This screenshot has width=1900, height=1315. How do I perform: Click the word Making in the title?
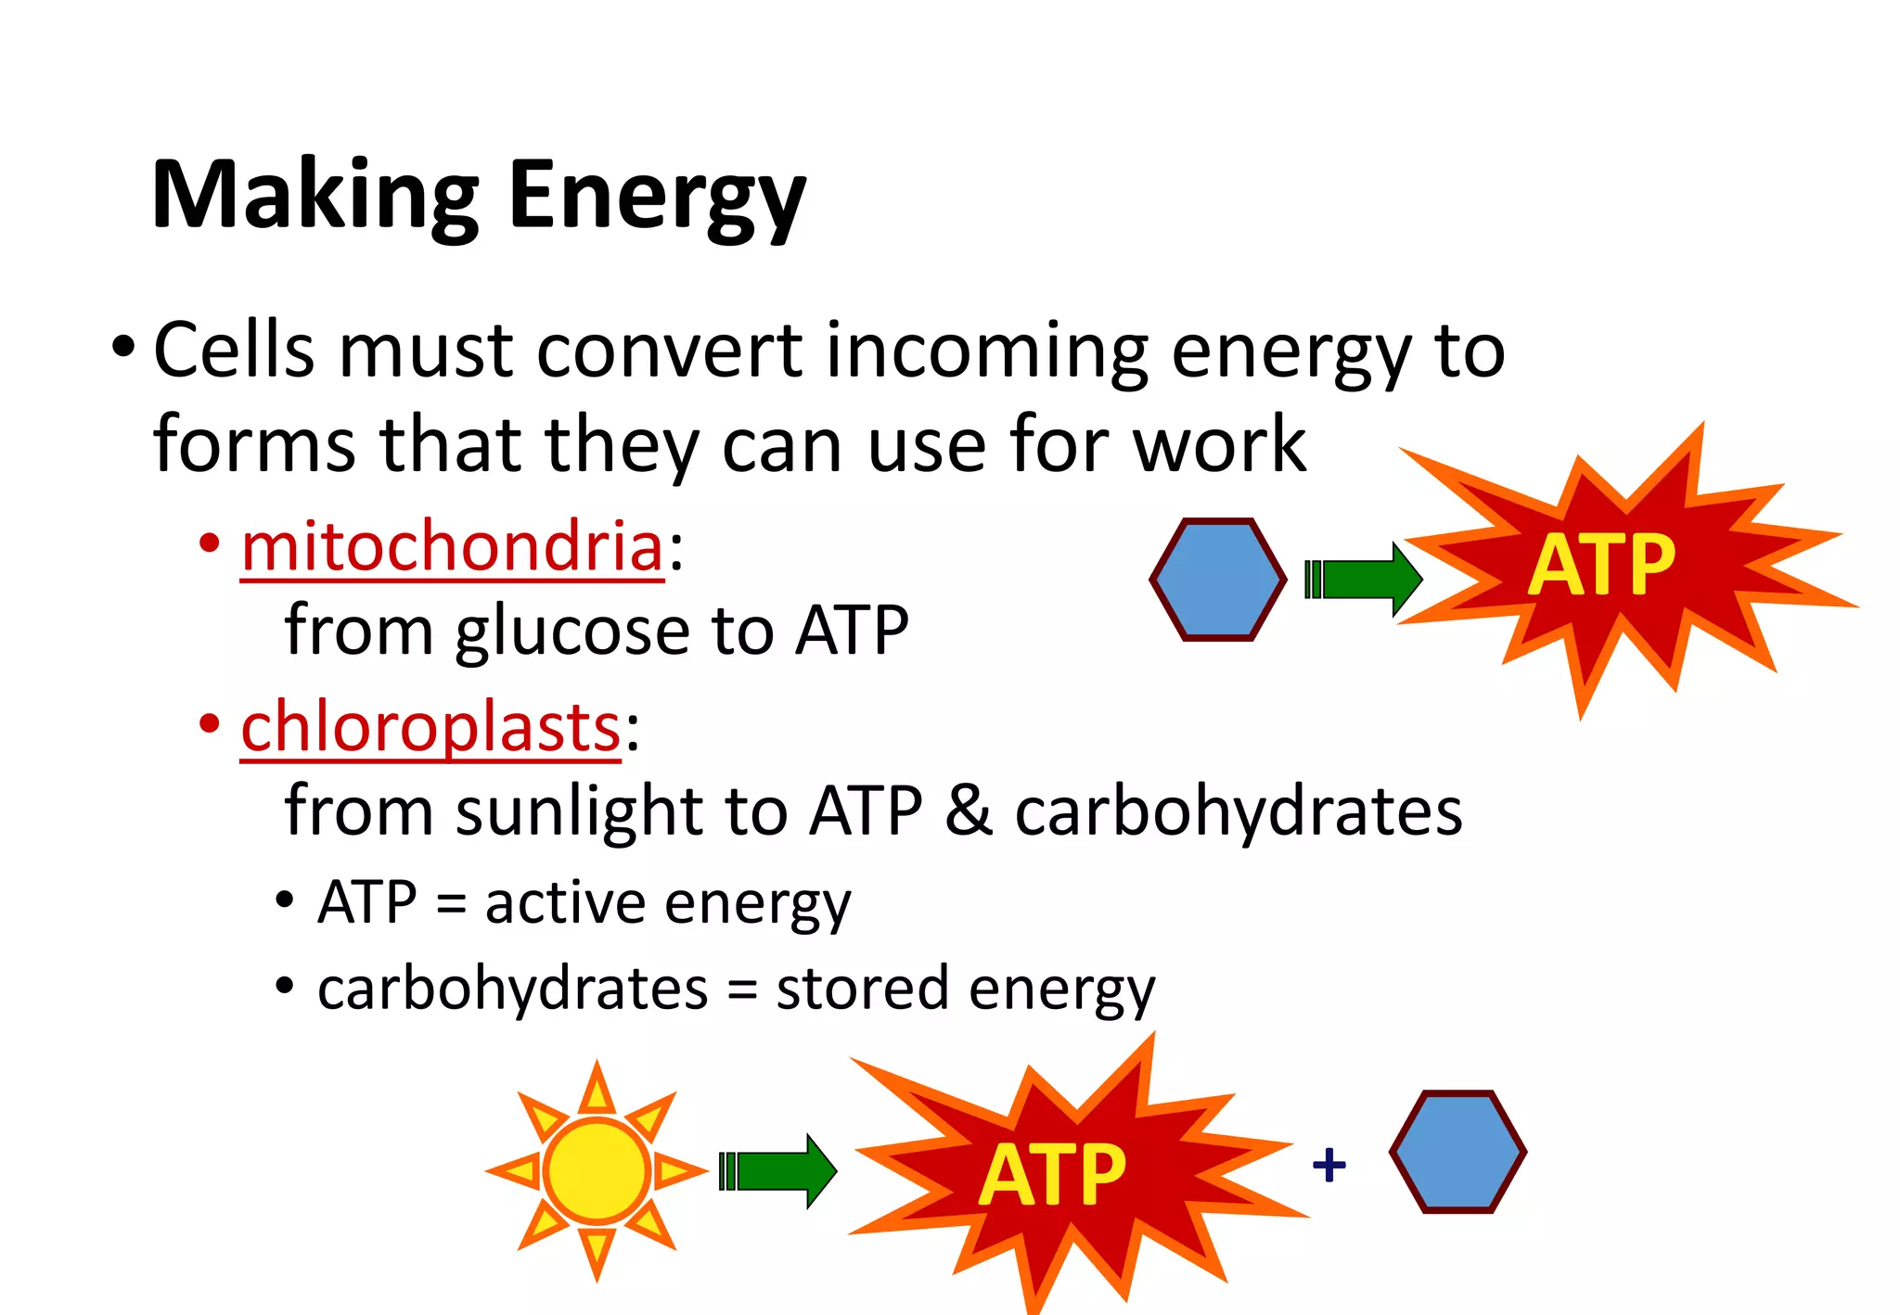tap(315, 196)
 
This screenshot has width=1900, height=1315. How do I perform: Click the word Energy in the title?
tap(657, 196)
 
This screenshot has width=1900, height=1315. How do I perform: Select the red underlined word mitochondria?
tap(452, 547)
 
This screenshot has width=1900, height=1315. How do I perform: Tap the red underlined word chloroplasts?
tap(430, 727)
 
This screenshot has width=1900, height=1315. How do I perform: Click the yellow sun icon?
tap(597, 1170)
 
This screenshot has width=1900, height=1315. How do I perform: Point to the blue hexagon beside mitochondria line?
tap(1217, 580)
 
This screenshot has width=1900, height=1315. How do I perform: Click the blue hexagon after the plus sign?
tap(1457, 1152)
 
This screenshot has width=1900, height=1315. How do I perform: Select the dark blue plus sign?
tap(1329, 1165)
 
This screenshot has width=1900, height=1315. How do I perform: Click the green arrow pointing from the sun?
tap(777, 1170)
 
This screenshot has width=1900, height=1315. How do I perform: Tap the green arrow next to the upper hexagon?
tap(1363, 580)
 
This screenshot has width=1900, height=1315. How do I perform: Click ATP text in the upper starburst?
tap(1601, 565)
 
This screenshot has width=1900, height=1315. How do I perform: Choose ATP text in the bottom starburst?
tap(1052, 1175)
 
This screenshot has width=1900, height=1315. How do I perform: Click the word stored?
tap(862, 989)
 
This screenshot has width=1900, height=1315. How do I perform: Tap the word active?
tap(565, 902)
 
